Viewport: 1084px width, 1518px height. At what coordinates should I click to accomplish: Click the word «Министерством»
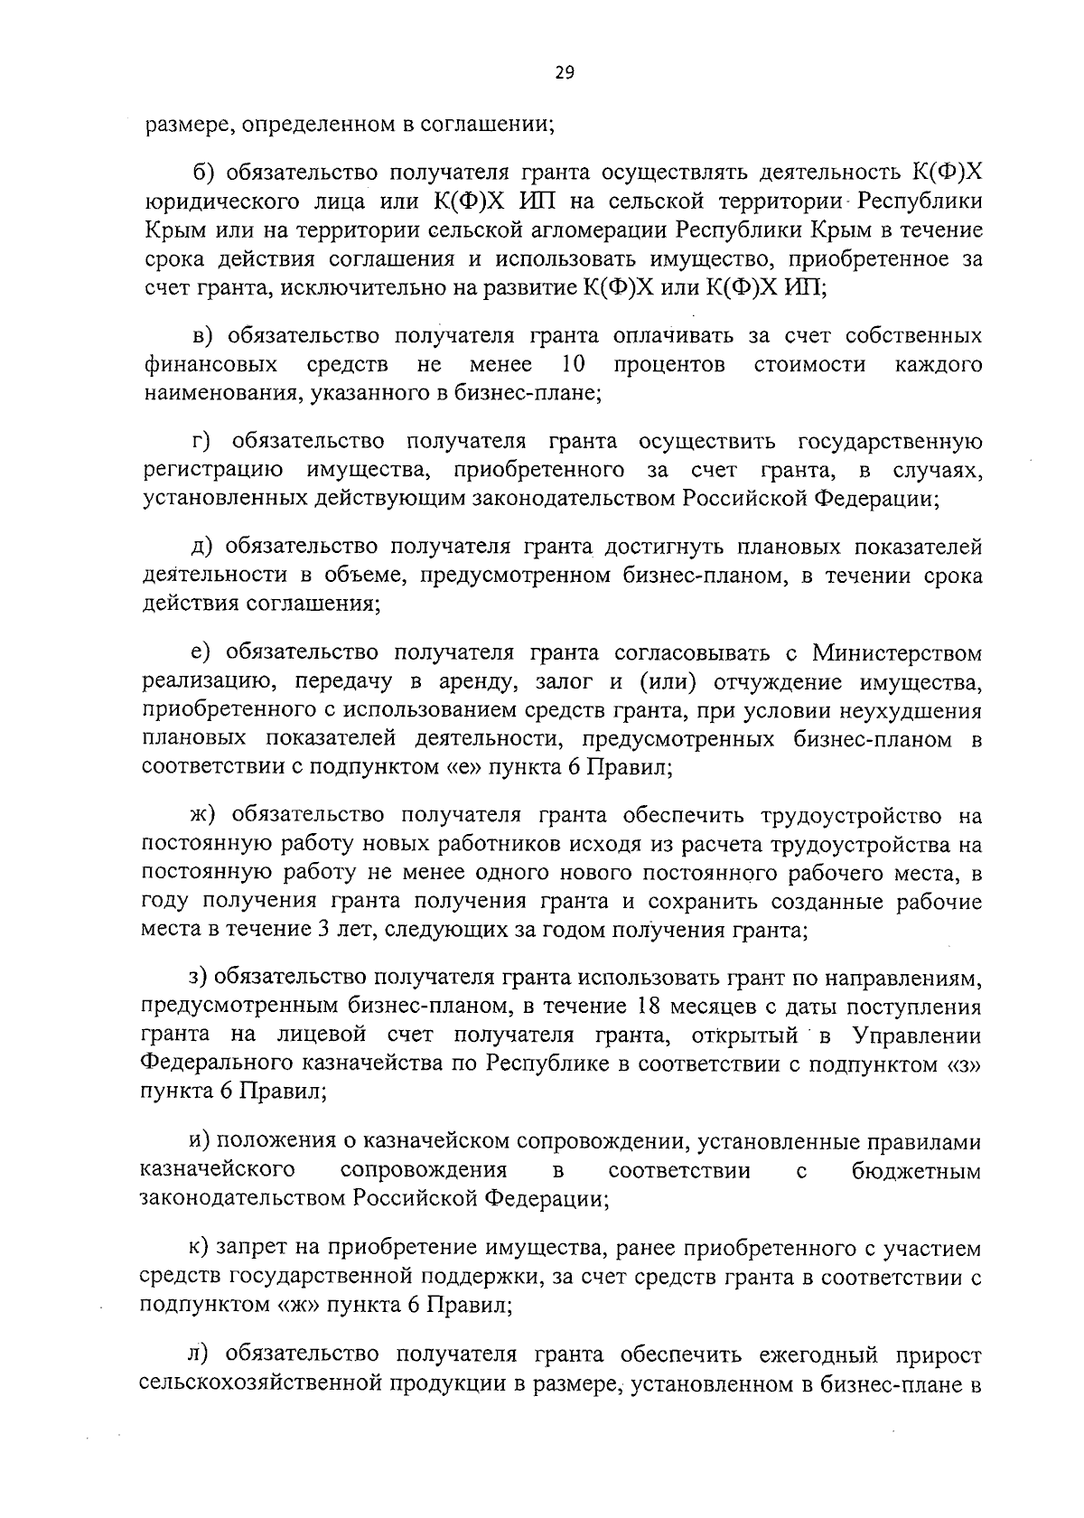coord(896,651)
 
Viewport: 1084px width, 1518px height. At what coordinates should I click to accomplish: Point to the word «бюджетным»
coord(916,1170)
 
